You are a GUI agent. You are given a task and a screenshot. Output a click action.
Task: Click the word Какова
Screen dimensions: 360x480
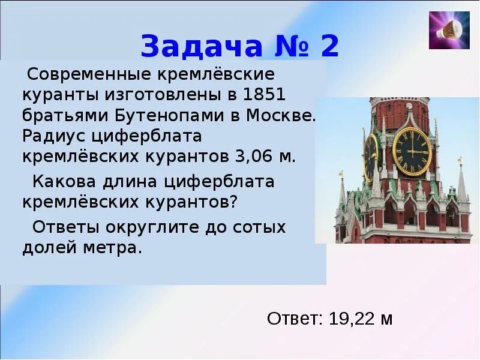click(64, 181)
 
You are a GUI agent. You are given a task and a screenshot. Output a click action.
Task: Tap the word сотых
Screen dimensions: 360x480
click(259, 227)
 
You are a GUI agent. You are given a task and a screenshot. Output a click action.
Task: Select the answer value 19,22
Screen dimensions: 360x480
click(350, 319)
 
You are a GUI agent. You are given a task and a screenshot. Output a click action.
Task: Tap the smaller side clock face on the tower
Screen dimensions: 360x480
click(371, 156)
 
